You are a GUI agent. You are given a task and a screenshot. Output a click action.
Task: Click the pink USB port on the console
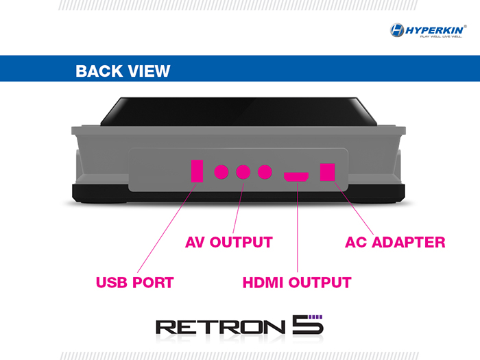tap(197, 171)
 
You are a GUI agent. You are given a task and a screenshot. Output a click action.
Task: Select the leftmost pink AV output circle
tap(221, 171)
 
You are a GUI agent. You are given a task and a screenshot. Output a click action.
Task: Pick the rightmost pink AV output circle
tap(265, 171)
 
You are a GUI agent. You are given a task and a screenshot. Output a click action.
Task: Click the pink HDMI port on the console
tap(296, 176)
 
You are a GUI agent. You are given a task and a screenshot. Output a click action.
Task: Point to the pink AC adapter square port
tap(328, 171)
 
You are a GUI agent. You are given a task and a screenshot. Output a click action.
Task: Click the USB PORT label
tap(134, 282)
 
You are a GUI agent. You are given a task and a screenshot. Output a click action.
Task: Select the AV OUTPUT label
tap(229, 242)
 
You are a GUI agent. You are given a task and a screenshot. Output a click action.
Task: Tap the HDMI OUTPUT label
tap(297, 282)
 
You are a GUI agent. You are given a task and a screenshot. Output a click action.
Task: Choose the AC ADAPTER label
tap(394, 242)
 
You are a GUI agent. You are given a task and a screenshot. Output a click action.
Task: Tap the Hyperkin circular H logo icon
tap(397, 30)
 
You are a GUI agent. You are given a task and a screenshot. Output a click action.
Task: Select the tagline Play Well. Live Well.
tap(436, 36)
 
